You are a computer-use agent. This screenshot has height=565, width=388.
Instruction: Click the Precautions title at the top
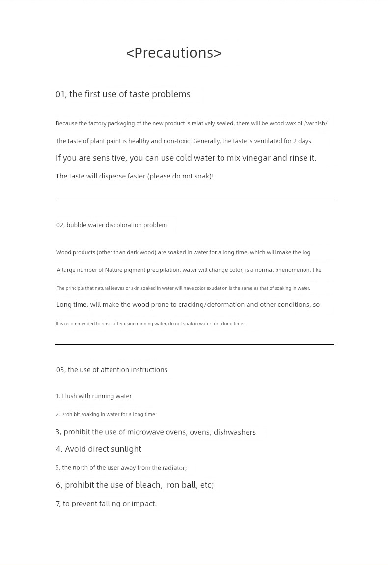point(174,53)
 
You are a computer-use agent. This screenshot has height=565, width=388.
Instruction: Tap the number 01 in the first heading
point(60,94)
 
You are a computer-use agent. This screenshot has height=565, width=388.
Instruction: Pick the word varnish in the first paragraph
point(316,123)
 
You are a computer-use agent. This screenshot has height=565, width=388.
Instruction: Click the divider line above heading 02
point(194,200)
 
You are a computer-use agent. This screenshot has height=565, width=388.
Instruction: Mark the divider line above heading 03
point(194,344)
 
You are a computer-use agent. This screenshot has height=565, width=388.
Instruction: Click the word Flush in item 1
point(69,396)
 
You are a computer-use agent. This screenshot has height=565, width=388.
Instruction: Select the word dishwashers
point(235,432)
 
